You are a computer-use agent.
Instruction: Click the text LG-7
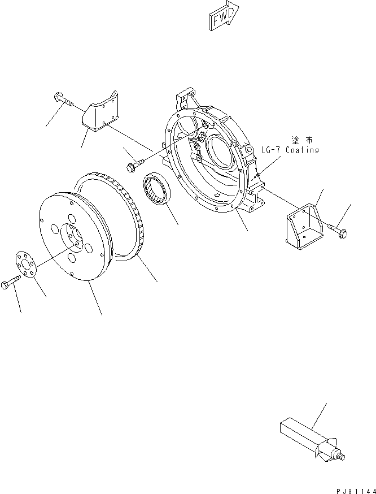(x=273, y=150)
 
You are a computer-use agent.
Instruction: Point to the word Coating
(x=303, y=150)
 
